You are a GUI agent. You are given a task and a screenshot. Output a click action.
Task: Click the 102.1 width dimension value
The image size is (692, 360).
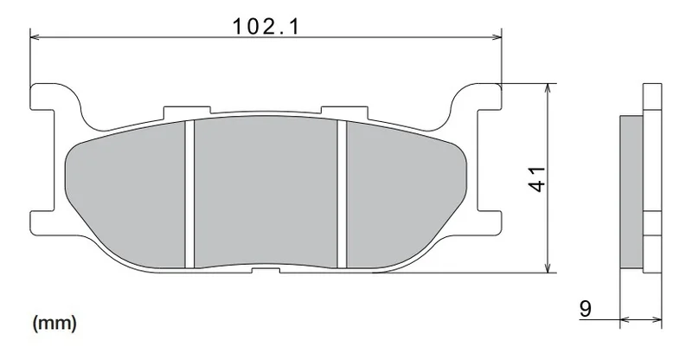click(266, 26)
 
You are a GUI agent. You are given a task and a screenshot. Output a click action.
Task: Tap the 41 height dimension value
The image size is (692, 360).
click(537, 179)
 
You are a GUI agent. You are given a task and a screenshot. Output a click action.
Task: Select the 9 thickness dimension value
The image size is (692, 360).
click(586, 308)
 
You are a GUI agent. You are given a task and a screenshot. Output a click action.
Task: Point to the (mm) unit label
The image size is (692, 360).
click(54, 324)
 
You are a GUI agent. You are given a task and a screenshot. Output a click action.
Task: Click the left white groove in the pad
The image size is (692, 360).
click(189, 194)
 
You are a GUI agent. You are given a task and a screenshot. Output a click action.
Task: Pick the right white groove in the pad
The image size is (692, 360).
click(342, 194)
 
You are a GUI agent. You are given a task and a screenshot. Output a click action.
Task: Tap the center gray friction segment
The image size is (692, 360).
click(266, 192)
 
